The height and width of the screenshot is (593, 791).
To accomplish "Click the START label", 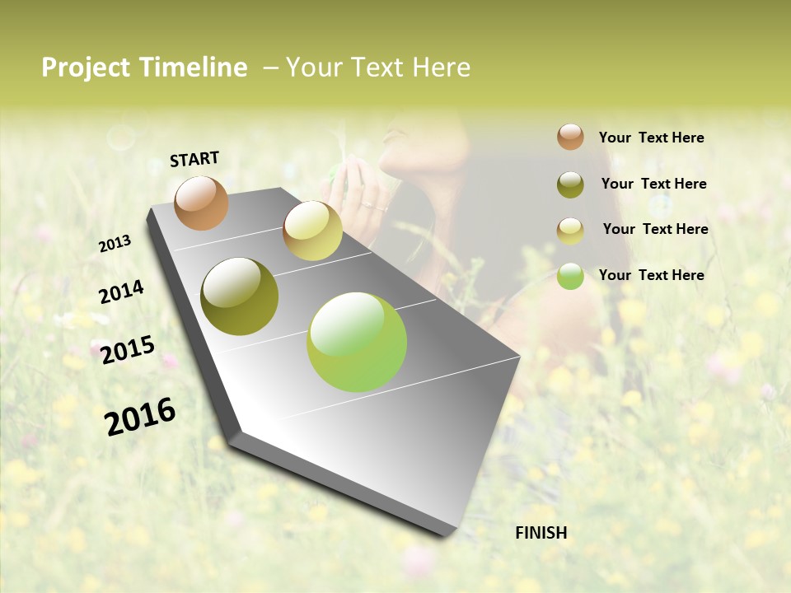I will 194,159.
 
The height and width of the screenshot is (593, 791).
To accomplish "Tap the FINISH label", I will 541,533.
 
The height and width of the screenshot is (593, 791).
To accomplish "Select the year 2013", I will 115,244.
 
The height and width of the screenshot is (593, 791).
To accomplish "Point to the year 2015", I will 128,350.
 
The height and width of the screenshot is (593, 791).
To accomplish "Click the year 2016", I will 140,416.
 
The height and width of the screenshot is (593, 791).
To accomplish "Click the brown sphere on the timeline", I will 202,203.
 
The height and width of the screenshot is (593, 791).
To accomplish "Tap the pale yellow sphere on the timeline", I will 312,230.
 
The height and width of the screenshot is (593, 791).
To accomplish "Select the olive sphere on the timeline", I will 240,296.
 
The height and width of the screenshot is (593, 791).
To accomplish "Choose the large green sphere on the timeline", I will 357,342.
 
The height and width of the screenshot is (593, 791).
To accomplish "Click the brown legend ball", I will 570,137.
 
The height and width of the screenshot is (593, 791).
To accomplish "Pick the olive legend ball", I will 570,184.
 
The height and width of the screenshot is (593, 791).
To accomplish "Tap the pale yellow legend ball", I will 570,231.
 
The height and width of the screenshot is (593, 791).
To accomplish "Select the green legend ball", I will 570,277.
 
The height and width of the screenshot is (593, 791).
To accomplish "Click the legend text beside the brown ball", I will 651,138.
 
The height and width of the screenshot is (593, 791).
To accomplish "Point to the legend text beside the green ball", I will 651,275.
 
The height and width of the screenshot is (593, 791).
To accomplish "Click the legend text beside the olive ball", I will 653,184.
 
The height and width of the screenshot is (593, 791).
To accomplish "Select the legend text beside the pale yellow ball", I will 655,229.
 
